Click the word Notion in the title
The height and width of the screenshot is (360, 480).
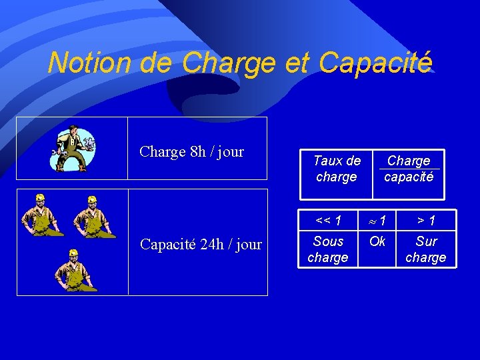91,63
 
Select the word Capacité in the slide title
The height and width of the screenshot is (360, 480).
375,63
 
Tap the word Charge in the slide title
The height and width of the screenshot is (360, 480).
228,63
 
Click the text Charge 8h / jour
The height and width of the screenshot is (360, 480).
191,151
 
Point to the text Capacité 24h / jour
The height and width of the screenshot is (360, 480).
201,245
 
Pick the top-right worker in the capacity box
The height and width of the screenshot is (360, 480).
94,217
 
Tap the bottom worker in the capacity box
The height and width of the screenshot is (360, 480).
73,270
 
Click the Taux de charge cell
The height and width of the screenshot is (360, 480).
337,169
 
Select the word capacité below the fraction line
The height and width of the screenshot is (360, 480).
409,177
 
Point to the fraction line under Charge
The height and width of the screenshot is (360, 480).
409,169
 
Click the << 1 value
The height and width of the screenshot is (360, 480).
328,220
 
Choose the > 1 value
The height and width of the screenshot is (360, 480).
426,220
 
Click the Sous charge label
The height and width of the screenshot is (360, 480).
328,249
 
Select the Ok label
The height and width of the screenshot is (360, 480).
377,241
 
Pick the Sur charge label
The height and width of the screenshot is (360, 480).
426,249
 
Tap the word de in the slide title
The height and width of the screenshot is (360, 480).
157,63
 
